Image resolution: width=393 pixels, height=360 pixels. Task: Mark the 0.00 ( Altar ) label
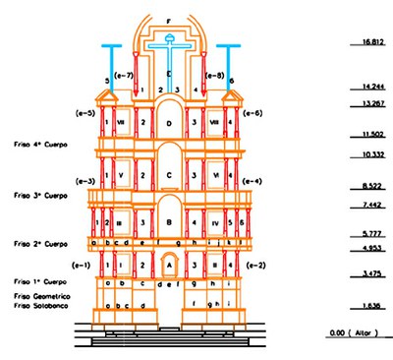(352, 332)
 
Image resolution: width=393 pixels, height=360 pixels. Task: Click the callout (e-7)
(125, 76)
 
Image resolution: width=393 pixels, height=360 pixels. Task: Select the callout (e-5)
(84, 113)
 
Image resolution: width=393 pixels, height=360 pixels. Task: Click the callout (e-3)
(84, 181)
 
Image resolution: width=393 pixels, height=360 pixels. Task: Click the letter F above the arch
(169, 21)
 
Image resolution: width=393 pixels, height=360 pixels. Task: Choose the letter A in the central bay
(169, 265)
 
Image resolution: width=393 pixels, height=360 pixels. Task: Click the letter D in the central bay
(169, 123)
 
